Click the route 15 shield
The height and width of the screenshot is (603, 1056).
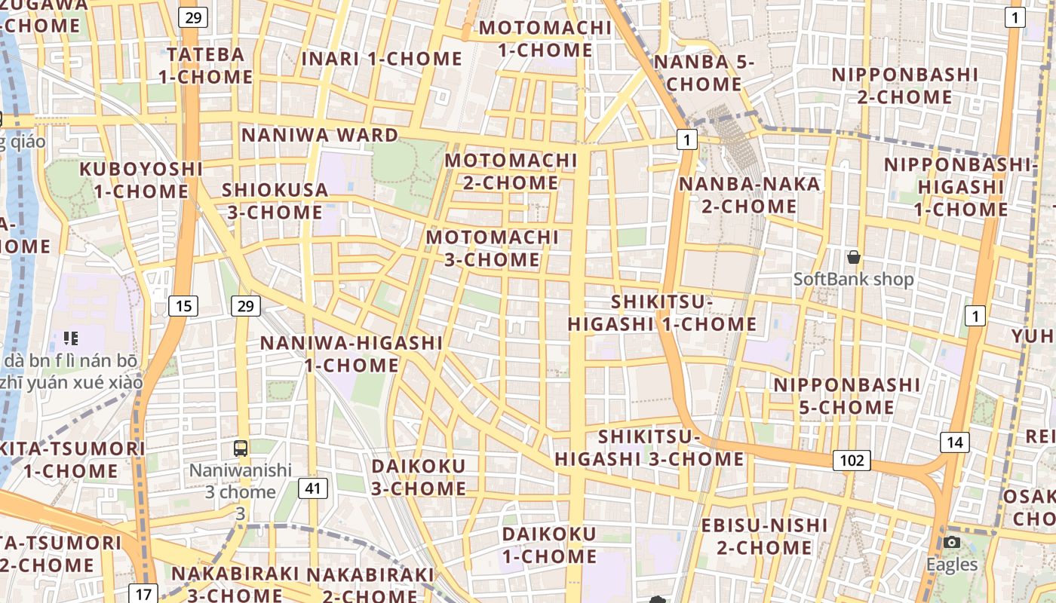coord(183,305)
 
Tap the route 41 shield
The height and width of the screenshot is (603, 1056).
coord(313,488)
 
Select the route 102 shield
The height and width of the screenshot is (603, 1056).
coord(852,460)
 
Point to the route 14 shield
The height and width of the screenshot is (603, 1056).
coord(954,442)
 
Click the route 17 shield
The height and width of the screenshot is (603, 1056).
coord(143,593)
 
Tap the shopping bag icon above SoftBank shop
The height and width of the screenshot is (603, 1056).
coord(853,258)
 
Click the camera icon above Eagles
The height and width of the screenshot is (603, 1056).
coord(952,543)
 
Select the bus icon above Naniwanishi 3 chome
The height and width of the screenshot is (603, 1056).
coord(241,448)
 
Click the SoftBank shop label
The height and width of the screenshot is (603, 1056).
coord(853,280)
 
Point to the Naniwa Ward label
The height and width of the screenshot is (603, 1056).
coord(319,136)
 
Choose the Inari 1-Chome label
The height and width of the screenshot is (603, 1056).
coord(382,59)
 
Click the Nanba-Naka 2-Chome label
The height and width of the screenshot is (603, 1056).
coord(749,195)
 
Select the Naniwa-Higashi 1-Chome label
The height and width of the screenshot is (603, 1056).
coord(351,354)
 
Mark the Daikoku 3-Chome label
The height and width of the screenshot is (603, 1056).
coord(419,477)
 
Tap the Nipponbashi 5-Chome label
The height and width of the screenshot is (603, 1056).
coord(846,396)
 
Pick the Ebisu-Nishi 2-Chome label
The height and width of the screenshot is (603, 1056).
coord(765,536)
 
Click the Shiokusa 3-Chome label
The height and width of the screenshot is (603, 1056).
coord(275,201)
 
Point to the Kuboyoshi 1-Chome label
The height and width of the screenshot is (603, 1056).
coord(141,180)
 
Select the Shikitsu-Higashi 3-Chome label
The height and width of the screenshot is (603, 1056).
coord(649,448)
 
